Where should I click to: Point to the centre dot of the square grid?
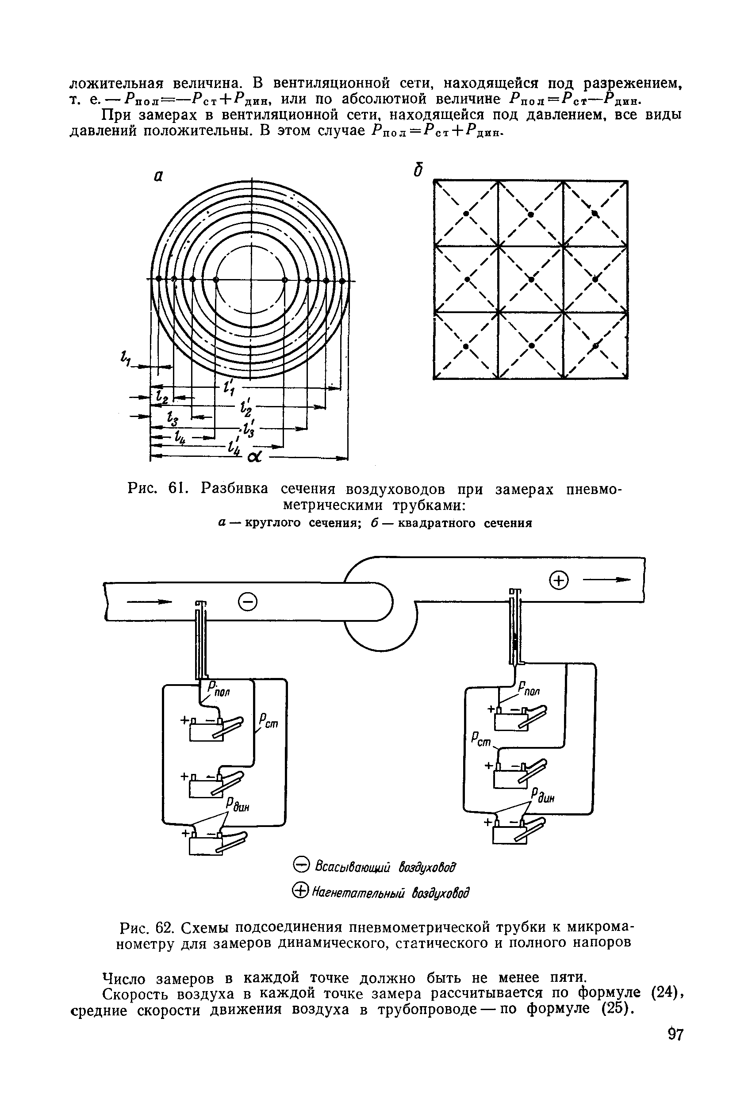531,279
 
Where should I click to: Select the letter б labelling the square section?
418,170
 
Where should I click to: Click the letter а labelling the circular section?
158,176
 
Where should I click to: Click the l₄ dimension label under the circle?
181,437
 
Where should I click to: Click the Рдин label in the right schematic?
542,796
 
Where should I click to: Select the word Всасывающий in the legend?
351,867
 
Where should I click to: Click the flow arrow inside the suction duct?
148,601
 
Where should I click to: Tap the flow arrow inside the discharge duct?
606,580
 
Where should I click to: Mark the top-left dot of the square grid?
465,213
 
